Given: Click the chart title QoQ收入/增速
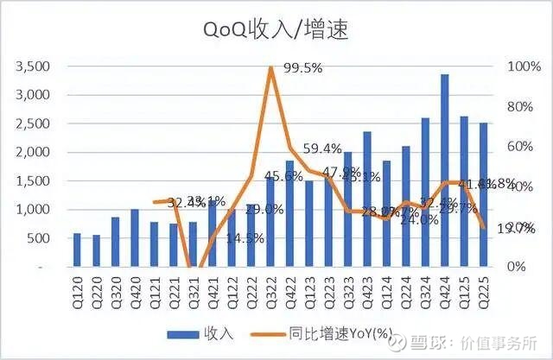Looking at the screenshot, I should coord(276,30).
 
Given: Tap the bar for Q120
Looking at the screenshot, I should coord(77,250).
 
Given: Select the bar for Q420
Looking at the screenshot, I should coord(135,238).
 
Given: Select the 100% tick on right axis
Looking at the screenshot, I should coord(517,66).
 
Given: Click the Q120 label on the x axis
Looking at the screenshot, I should coord(77,286).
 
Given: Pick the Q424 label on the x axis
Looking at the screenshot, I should coord(444,286).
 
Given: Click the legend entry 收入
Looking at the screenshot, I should coord(199,332).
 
